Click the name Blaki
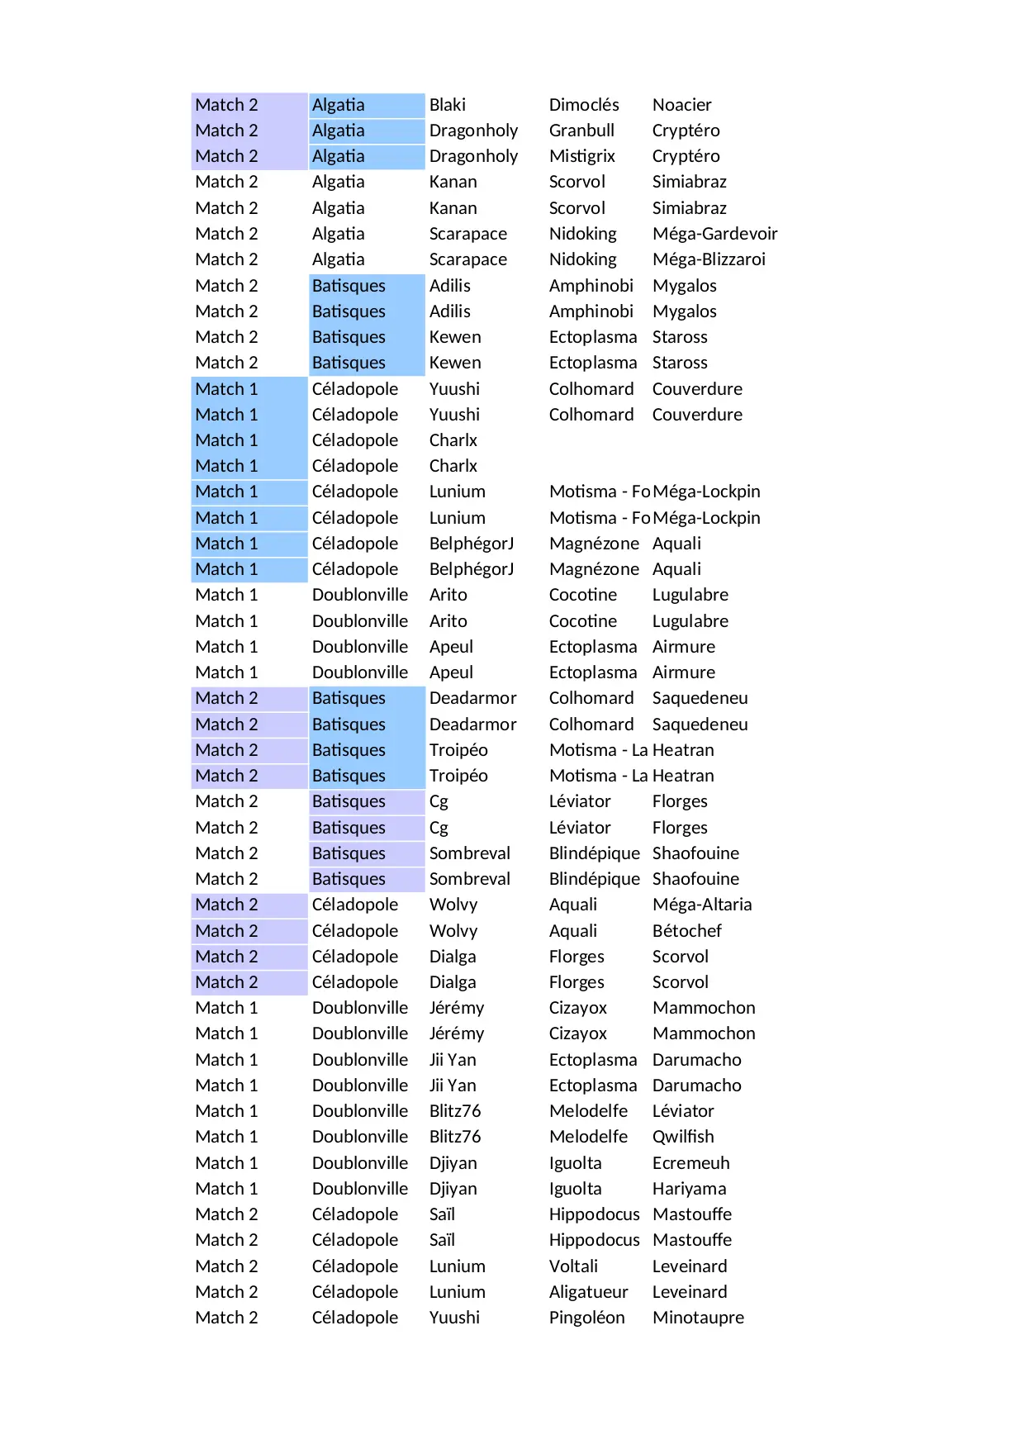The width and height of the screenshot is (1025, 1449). tap(447, 105)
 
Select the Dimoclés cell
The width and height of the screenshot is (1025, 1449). tap(583, 105)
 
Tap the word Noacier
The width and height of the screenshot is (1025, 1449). tap(681, 105)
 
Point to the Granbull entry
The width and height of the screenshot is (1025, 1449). tap(581, 131)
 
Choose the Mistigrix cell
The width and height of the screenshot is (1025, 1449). tap(581, 156)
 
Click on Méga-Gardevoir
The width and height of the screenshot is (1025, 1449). tap(714, 234)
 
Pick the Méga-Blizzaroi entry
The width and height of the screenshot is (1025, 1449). tap(709, 259)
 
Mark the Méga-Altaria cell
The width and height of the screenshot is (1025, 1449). tap(701, 905)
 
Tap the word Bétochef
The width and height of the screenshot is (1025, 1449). tap(686, 931)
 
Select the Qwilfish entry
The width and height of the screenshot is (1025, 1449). tap(682, 1137)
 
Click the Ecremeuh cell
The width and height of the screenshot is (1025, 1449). tap(690, 1163)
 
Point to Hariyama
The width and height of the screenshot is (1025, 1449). tap(689, 1189)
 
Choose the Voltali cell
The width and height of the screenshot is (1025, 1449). tap(573, 1266)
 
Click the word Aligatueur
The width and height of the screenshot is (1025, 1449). tap(588, 1292)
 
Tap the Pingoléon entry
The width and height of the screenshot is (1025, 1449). tap(586, 1318)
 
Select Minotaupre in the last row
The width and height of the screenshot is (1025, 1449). tap(698, 1318)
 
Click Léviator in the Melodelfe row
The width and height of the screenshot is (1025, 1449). tap(683, 1111)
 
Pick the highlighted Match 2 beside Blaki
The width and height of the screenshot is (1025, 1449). tap(226, 105)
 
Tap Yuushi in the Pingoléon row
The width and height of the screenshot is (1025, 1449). tap(453, 1318)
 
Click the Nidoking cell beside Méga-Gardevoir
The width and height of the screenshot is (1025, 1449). tap(582, 234)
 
